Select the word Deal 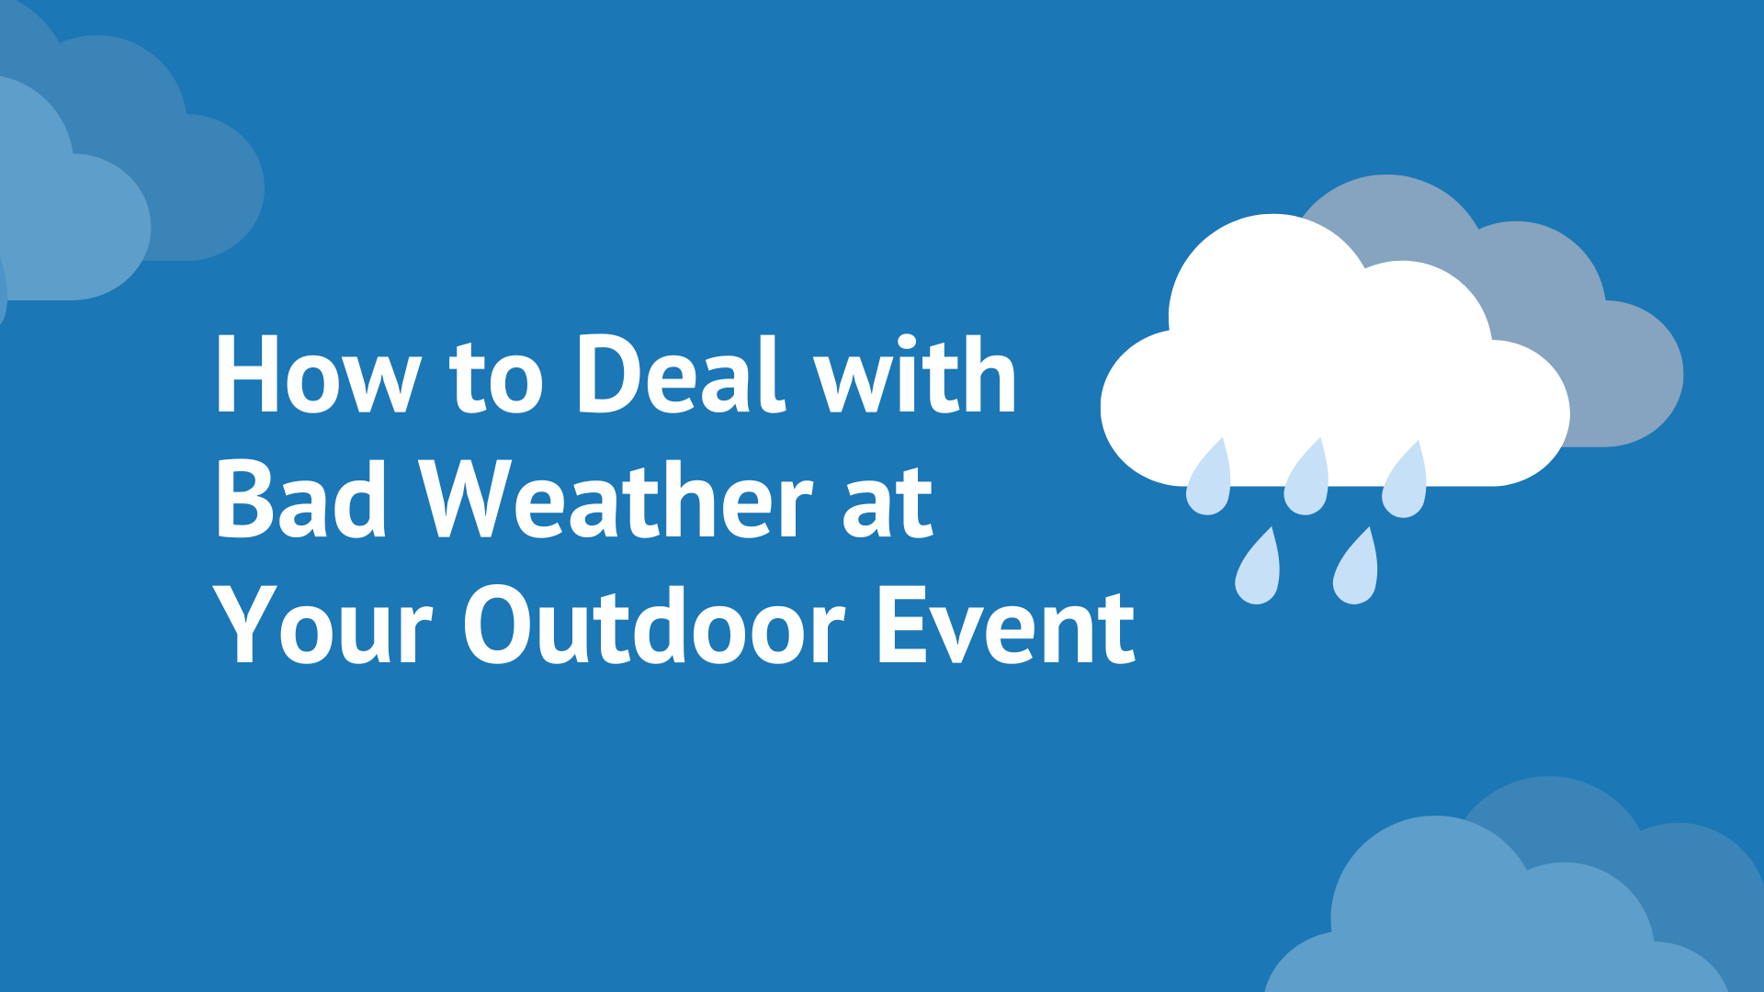(x=681, y=375)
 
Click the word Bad (x=300, y=500)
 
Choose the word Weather (x=616, y=500)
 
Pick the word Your (x=322, y=626)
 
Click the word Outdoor (x=653, y=626)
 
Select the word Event (x=1006, y=626)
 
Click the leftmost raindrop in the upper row (x=1209, y=481)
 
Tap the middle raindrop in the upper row (x=1306, y=481)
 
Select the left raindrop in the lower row (x=1258, y=569)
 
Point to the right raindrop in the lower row (x=1356, y=569)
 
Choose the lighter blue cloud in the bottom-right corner (x=1470, y=919)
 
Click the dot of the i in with (x=909, y=342)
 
